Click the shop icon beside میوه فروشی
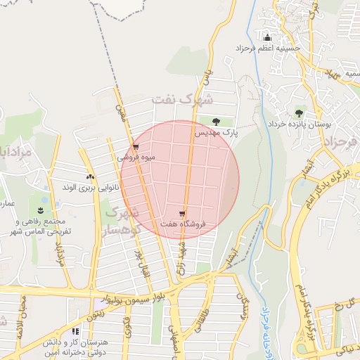pos(136,147)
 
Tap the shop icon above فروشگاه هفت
pos(182,212)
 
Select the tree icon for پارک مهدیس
pos(216,122)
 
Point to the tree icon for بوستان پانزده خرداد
pos(300,112)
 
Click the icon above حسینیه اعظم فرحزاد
pos(266,37)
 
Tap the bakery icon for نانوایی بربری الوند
pos(89,177)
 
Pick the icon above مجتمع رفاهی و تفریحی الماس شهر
pos(41,210)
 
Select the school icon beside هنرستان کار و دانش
pos(75,331)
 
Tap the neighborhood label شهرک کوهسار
pos(120,220)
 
